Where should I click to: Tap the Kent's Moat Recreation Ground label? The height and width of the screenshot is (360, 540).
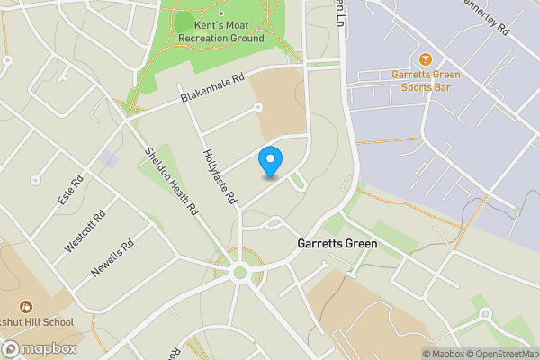click(220, 32)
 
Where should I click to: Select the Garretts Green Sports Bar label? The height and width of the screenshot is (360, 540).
click(426, 81)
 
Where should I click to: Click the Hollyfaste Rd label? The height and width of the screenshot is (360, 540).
click(220, 175)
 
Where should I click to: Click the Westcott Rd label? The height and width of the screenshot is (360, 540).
click(85, 230)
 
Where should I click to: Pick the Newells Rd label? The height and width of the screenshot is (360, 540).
click(112, 256)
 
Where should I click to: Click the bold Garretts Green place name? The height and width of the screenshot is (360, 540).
click(337, 244)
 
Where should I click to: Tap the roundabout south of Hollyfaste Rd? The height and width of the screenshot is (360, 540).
click(239, 273)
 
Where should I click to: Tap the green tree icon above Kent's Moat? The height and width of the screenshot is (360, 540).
click(184, 20)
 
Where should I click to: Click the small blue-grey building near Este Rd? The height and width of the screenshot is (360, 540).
click(109, 160)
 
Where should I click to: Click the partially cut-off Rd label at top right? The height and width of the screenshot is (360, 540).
click(487, 20)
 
